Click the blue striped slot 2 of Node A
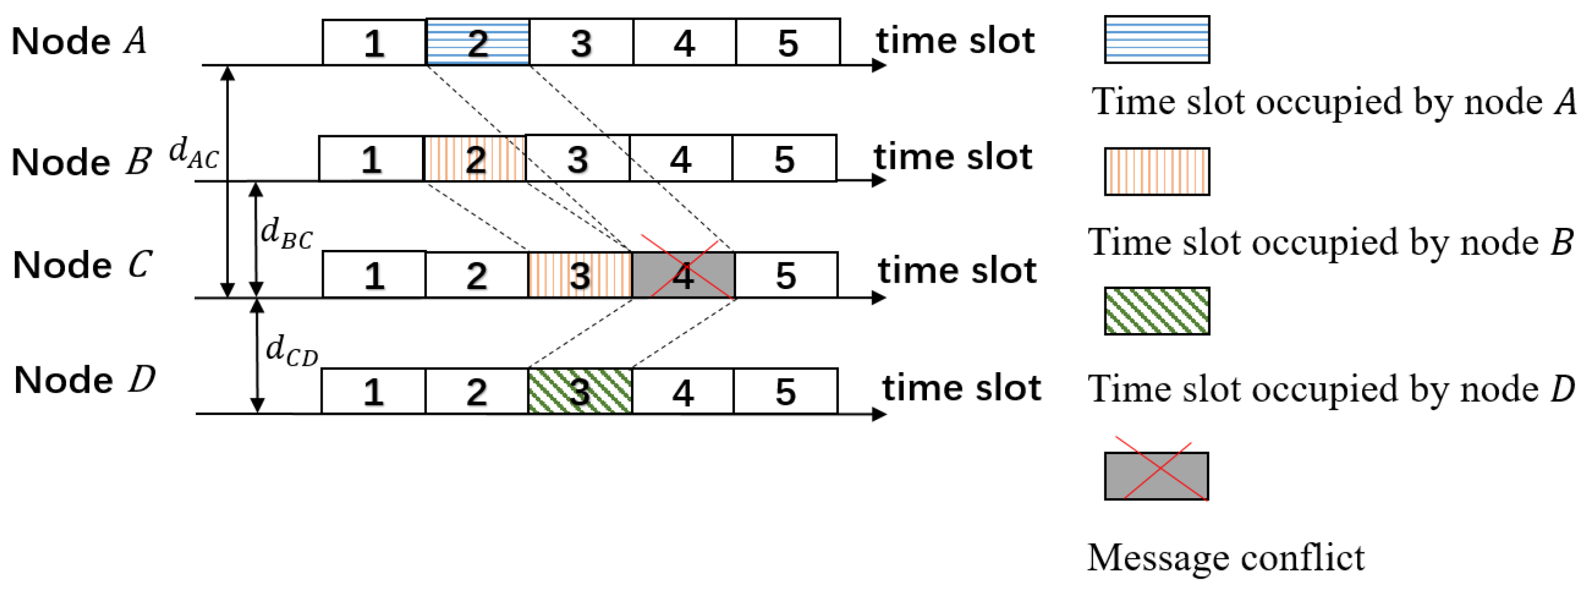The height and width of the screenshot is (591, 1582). pos(477,42)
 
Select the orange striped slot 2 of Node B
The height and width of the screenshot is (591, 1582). pos(475,159)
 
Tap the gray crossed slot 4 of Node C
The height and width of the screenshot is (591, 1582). pos(683,275)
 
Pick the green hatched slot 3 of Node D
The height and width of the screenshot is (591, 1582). pos(580,391)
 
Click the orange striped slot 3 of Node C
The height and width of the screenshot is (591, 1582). pos(580,275)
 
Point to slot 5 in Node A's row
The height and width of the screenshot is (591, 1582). pos(788,42)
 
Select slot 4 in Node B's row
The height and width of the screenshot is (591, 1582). pos(680,159)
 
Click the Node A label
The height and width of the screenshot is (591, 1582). pos(79,41)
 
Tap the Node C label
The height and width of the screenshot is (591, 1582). pos(81,265)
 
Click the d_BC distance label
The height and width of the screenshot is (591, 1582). pos(286,233)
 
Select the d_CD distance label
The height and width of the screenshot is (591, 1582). pos(292,350)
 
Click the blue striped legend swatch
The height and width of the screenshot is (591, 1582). pos(1156,40)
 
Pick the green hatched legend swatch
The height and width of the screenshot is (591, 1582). pos(1156,311)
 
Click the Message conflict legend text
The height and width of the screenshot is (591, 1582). pos(1225,558)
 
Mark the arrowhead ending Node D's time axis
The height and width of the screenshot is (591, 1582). pos(879,414)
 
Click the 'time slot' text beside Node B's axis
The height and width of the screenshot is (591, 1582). pos(953,157)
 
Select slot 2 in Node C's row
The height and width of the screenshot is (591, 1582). pos(477,275)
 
